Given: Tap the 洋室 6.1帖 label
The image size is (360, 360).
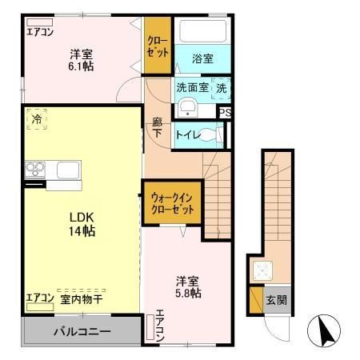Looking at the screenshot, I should point(80,60).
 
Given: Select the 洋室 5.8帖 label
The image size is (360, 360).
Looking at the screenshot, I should point(188,287).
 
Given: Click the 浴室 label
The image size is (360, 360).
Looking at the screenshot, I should point(203,58).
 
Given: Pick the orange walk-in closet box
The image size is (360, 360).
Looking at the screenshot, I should point(172,206).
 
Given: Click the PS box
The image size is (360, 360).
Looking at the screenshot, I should point(226,114).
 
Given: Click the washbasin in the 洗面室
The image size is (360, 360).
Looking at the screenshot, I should point(189,109).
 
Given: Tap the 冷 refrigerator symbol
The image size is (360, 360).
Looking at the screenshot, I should point(37,118).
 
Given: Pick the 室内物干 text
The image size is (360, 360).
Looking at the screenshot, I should point(81,300).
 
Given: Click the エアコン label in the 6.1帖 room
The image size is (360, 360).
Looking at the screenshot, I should point(40,32).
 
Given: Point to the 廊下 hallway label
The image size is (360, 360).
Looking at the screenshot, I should point(158,129).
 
